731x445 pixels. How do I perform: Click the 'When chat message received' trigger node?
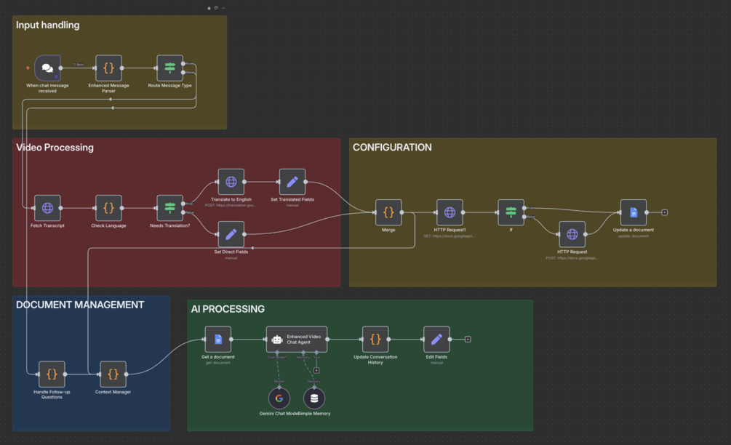(47, 68)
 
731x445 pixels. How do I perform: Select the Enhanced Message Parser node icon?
(108, 68)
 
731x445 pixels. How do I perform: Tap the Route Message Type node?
(170, 68)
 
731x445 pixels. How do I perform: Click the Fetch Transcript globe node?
(47, 208)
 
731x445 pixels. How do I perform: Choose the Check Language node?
(108, 208)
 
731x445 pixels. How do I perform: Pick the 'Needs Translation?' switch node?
(170, 208)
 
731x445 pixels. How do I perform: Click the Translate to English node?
(231, 182)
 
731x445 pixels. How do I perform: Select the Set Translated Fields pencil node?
(292, 182)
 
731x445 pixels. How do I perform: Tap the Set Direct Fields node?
(231, 234)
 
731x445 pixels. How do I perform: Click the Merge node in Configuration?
(388, 213)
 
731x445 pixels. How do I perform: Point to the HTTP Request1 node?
(450, 213)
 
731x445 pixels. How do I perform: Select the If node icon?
(511, 213)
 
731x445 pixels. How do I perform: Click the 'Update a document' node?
(633, 213)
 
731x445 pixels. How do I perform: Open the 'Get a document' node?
(217, 340)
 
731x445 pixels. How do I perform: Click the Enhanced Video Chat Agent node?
(297, 340)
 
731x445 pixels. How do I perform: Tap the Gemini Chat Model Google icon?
(279, 398)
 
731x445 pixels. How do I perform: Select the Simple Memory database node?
(314, 398)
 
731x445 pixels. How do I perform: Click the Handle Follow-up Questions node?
(52, 374)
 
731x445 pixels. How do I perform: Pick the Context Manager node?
(113, 374)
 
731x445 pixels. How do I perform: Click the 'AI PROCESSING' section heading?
(228, 309)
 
